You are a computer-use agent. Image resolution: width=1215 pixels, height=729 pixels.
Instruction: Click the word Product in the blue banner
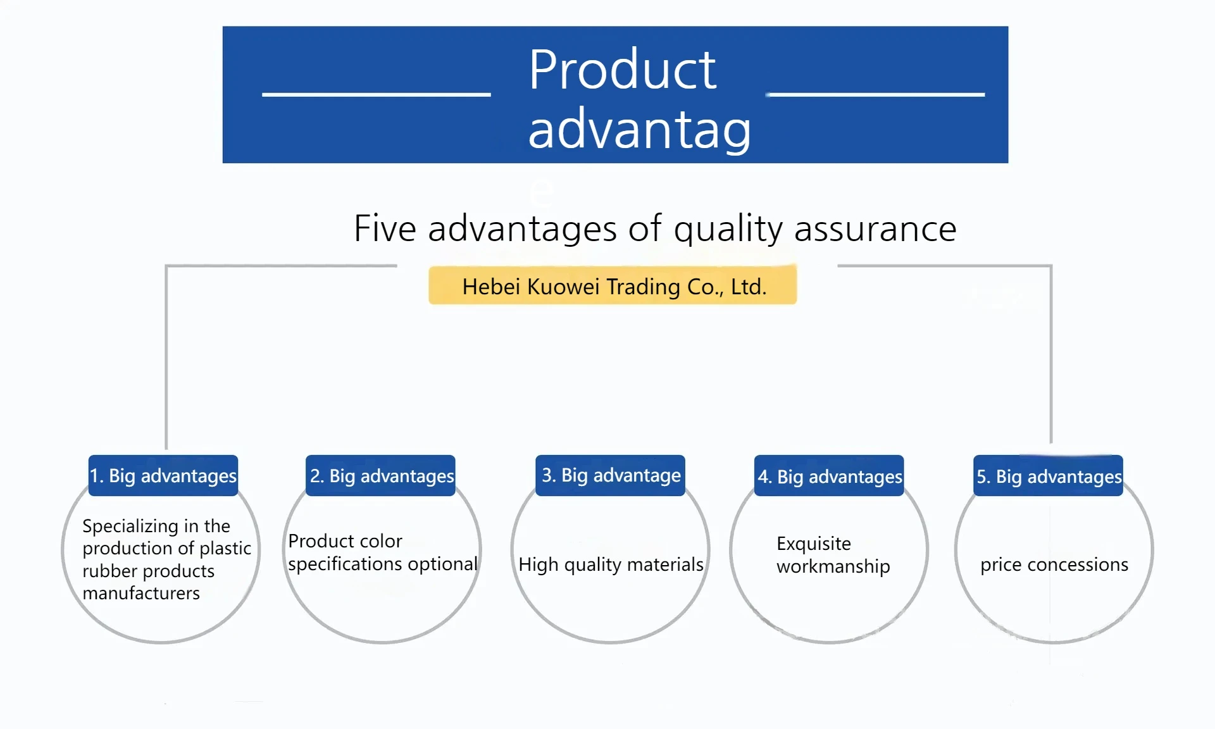coord(623,70)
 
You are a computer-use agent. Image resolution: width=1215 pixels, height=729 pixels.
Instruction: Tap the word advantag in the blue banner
coord(640,130)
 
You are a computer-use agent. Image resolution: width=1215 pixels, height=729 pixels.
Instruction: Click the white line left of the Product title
coord(377,94)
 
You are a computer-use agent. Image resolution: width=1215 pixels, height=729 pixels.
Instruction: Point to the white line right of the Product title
coord(875,94)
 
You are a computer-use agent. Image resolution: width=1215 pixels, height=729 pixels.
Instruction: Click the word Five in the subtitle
coord(384,228)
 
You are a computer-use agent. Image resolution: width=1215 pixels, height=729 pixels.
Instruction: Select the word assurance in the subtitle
coord(875,230)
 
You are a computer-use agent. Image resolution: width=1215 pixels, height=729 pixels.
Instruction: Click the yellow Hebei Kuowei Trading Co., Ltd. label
coord(613,285)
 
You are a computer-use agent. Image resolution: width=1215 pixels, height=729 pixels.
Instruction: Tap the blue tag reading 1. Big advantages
coord(163,475)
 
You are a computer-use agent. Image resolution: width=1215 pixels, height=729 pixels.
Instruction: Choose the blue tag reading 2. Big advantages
coord(380,475)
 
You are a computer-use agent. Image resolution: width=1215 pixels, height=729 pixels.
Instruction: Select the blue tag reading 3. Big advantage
coord(610,475)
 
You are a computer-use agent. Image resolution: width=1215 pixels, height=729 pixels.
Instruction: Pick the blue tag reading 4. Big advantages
coord(829,475)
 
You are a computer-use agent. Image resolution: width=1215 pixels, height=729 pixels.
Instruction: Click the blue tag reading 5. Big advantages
coord(1048,475)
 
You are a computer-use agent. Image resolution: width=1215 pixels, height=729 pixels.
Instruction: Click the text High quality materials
coord(611,564)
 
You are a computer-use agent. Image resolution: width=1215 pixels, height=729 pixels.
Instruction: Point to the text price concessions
coord(1054,564)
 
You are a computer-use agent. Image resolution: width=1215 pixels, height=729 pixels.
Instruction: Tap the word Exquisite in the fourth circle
coord(814,544)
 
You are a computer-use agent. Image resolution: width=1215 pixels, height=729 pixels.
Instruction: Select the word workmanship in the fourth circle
coord(833,566)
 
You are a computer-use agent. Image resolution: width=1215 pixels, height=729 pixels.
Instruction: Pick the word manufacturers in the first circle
coord(141,594)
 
